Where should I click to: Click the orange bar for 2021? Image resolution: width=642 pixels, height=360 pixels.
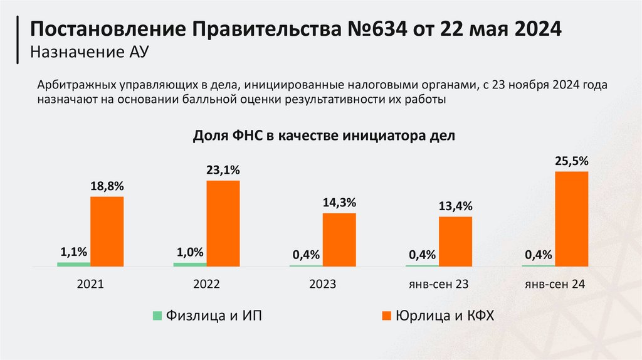click(x=107, y=231)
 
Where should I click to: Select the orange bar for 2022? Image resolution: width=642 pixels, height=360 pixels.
click(x=223, y=223)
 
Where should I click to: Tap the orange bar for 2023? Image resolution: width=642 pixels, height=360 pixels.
click(x=339, y=240)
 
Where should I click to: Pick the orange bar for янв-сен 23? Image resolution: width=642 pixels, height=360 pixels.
click(x=455, y=241)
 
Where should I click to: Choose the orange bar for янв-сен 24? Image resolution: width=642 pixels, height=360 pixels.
click(x=571, y=219)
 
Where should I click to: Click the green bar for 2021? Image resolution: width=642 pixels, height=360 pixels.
click(x=74, y=264)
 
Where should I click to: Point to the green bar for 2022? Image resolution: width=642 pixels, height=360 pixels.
click(x=189, y=264)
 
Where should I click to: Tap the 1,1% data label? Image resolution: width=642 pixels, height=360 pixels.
click(x=74, y=252)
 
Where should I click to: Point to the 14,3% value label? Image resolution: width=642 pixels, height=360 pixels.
click(x=339, y=203)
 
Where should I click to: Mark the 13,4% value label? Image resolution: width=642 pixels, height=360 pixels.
click(x=455, y=206)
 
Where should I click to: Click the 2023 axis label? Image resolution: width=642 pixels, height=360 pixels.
click(x=322, y=284)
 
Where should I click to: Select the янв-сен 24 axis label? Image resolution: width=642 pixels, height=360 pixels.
click(x=554, y=284)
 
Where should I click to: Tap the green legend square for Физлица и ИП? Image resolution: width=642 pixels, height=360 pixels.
click(x=157, y=315)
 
